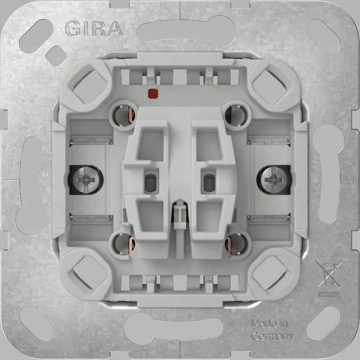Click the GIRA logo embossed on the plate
click(93, 29)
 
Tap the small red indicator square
click(153, 93)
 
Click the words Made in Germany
click(271, 330)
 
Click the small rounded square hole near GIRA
click(55, 55)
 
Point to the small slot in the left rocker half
click(151, 180)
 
